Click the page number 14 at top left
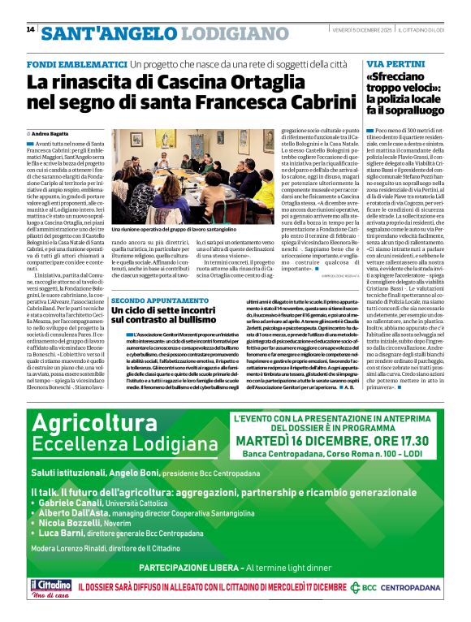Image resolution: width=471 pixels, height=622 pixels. point(30,30)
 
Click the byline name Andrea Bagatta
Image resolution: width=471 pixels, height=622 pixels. point(52,132)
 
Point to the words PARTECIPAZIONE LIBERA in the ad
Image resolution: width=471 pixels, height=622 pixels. point(177,567)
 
